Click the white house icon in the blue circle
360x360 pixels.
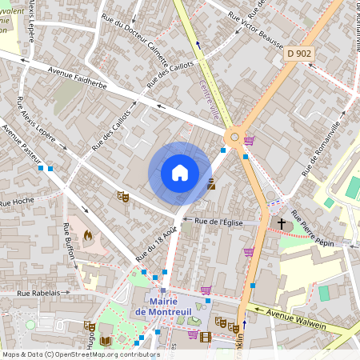pyautogui.click(x=180, y=173)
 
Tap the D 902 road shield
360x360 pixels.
pyautogui.click(x=299, y=54)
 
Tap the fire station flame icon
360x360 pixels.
pyautogui.click(x=87, y=236)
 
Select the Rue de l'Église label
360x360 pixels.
pyautogui.click(x=218, y=220)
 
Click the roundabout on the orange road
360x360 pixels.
pyautogui.click(x=234, y=136)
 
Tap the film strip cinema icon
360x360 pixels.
pyautogui.click(x=206, y=335)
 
